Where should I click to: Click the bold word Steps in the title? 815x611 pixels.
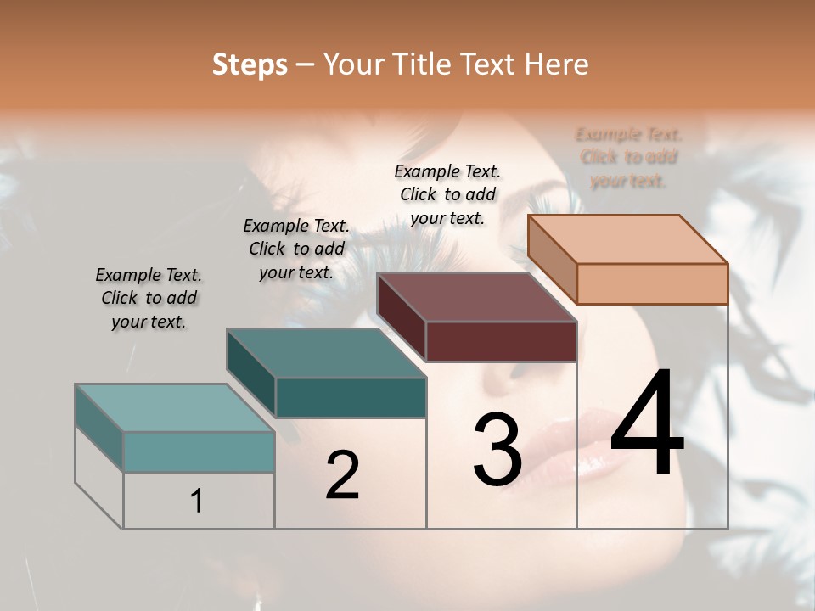(250, 64)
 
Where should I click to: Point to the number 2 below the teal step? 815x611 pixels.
(342, 475)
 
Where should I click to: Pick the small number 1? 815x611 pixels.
(196, 501)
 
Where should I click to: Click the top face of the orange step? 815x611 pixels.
(627, 238)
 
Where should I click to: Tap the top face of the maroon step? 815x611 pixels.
(476, 297)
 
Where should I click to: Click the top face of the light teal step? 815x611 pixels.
(174, 408)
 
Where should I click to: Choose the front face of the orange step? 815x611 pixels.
(652, 283)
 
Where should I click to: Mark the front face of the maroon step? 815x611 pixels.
(501, 341)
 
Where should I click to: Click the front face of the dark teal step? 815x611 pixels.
(351, 397)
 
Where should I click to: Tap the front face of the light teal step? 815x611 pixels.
(199, 451)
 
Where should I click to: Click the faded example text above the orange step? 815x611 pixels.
(628, 157)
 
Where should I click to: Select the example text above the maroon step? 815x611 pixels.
(447, 194)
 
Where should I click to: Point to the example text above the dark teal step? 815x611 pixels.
(296, 249)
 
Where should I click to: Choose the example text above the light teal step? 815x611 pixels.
(149, 298)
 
